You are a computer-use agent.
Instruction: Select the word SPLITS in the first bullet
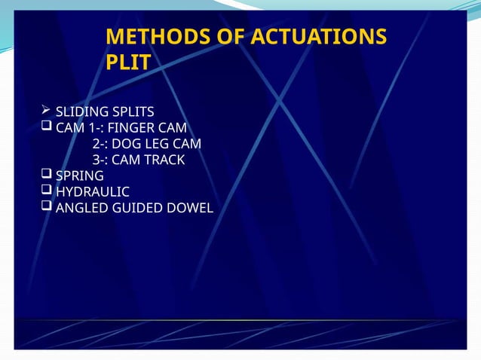point(131,113)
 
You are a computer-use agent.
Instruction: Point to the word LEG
point(155,144)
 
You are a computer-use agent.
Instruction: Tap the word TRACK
point(164,160)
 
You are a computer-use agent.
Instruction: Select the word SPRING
point(80,176)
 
